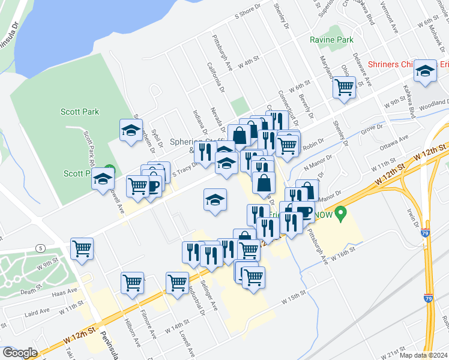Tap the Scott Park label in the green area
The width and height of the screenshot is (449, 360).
click(79, 112)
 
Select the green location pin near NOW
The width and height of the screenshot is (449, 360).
click(341, 212)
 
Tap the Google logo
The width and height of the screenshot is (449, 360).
click(20, 353)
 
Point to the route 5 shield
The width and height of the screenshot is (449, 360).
click(40, 247)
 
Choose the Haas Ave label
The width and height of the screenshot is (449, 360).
click(65, 291)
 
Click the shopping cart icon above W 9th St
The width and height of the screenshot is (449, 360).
click(82, 248)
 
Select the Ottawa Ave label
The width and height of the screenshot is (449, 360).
click(394, 142)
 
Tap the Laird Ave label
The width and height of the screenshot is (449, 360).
click(37, 312)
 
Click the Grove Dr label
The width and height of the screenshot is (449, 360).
click(372, 127)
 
